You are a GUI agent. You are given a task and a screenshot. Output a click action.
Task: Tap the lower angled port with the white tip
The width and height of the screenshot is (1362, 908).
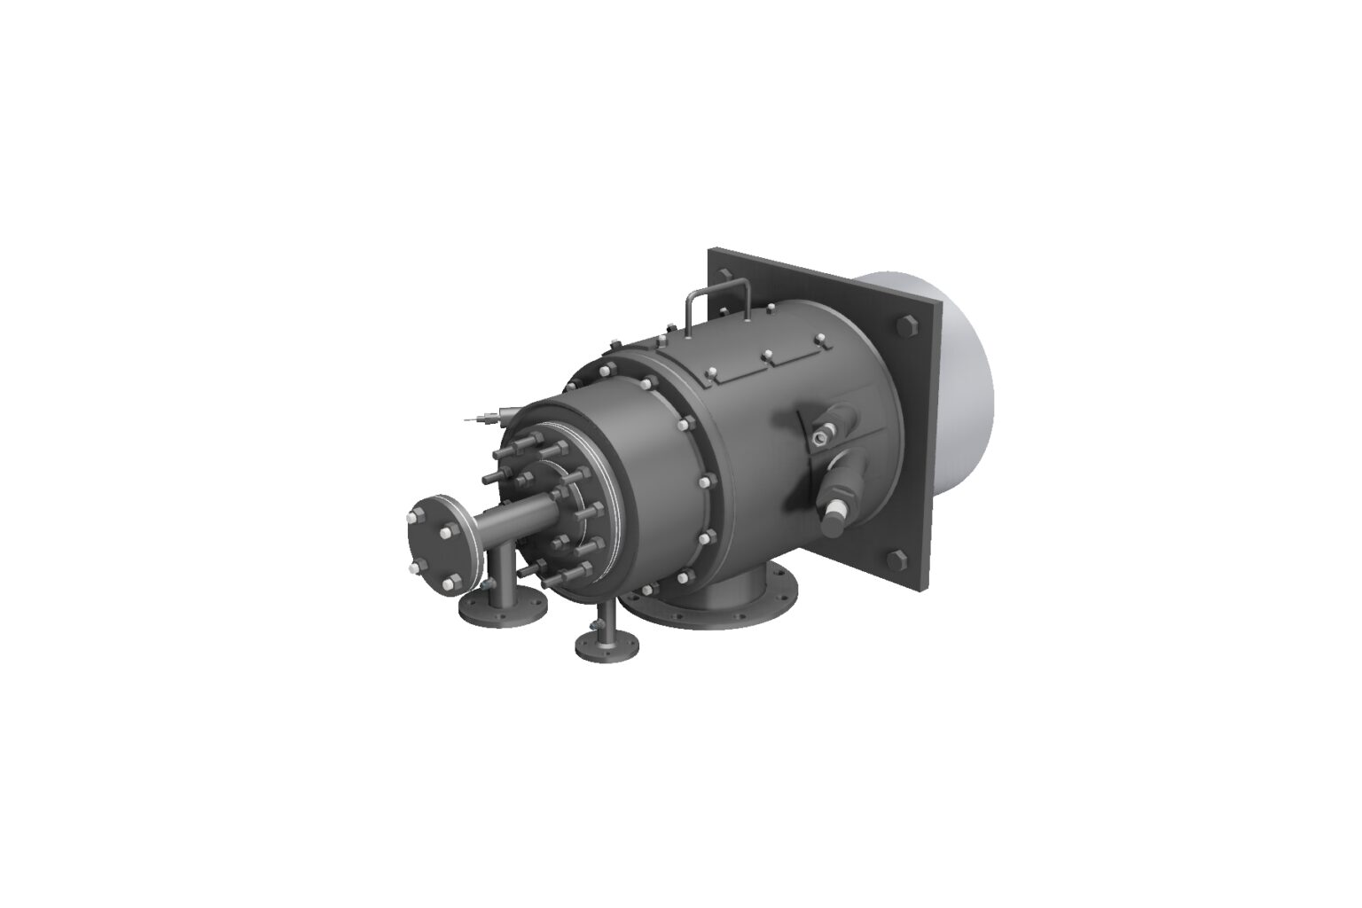838,514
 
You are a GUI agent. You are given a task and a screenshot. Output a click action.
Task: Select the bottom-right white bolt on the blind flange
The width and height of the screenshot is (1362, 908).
456,581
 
